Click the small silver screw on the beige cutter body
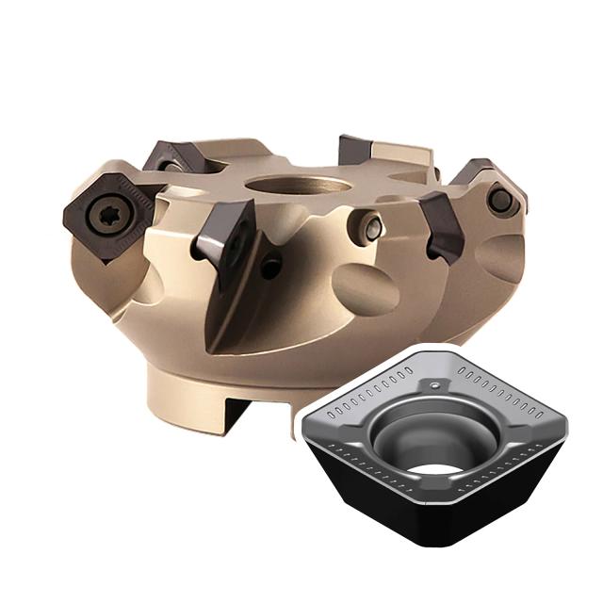pos(373,226)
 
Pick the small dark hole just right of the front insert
pos(271,267)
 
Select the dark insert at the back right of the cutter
pos(358,151)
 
